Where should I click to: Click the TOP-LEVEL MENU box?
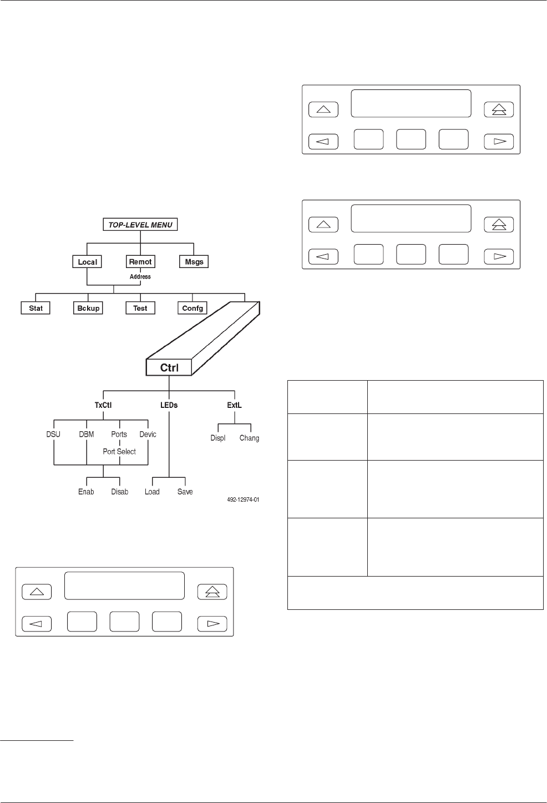pyautogui.click(x=140, y=225)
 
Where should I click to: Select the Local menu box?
pyautogui.click(x=87, y=262)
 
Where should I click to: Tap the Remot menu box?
pyautogui.click(x=140, y=262)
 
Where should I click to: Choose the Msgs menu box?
pyautogui.click(x=194, y=262)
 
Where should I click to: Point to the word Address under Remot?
pyautogui.click(x=140, y=276)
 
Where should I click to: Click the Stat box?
pyautogui.click(x=36, y=308)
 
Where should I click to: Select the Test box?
pyautogui.click(x=140, y=308)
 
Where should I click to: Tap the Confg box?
pyautogui.click(x=193, y=308)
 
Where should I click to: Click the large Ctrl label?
pyautogui.click(x=169, y=367)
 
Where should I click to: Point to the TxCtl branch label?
pyautogui.click(x=103, y=405)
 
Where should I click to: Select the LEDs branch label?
pyautogui.click(x=169, y=405)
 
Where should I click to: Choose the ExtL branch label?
pyautogui.click(x=234, y=405)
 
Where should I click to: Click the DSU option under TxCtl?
pyautogui.click(x=53, y=435)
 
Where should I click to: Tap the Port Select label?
pyautogui.click(x=119, y=452)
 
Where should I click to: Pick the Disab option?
pyautogui.click(x=120, y=492)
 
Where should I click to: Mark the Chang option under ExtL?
pyautogui.click(x=249, y=438)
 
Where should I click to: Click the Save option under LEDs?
pyautogui.click(x=185, y=492)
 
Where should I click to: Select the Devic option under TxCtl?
pyautogui.click(x=148, y=435)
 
